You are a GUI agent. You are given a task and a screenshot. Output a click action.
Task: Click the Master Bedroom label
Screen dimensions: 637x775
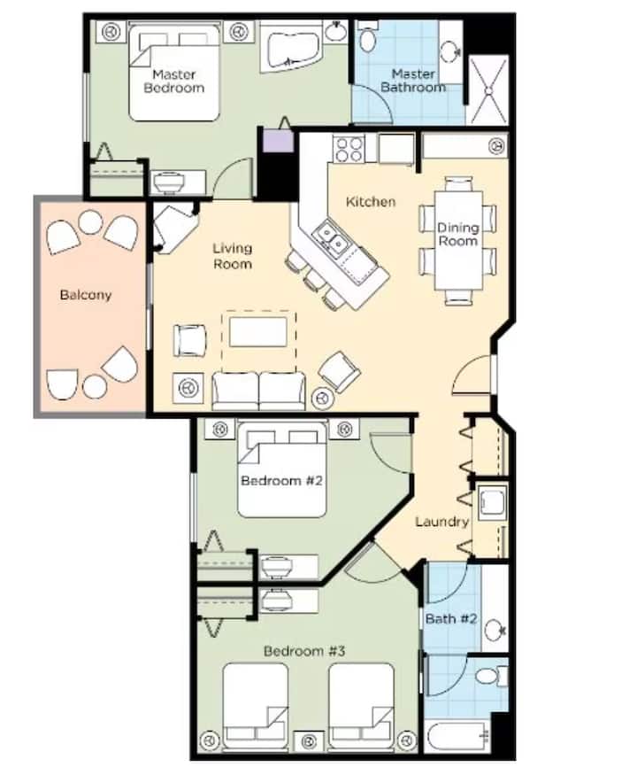173,81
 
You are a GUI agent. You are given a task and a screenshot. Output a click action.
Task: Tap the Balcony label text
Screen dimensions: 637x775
86,295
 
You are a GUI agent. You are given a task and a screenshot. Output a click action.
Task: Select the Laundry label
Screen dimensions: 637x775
441,522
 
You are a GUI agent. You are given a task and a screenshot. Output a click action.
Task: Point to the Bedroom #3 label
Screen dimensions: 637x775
304,651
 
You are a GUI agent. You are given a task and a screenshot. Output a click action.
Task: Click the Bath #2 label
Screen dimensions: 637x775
451,619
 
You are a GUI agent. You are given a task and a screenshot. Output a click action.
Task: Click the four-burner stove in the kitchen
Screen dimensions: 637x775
349,149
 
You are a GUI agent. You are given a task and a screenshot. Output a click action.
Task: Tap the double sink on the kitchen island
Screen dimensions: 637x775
332,236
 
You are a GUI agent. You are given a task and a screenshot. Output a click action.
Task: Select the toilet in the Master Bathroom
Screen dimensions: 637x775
367,37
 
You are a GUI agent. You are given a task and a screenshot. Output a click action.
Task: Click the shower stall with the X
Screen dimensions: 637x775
487,90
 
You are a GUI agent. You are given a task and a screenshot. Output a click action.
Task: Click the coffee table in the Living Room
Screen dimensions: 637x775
257,332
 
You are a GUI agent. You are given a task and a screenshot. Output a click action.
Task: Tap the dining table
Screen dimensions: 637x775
457,240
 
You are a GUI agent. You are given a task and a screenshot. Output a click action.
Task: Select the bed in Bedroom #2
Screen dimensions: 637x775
282,469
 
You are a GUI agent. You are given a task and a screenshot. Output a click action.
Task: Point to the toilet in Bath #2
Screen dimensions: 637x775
492,675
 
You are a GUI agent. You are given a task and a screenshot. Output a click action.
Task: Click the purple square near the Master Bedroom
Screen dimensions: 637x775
279,141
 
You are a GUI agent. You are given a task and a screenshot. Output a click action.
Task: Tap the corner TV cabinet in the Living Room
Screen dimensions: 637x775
174,228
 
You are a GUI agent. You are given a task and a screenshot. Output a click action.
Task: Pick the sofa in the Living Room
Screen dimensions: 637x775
258,391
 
